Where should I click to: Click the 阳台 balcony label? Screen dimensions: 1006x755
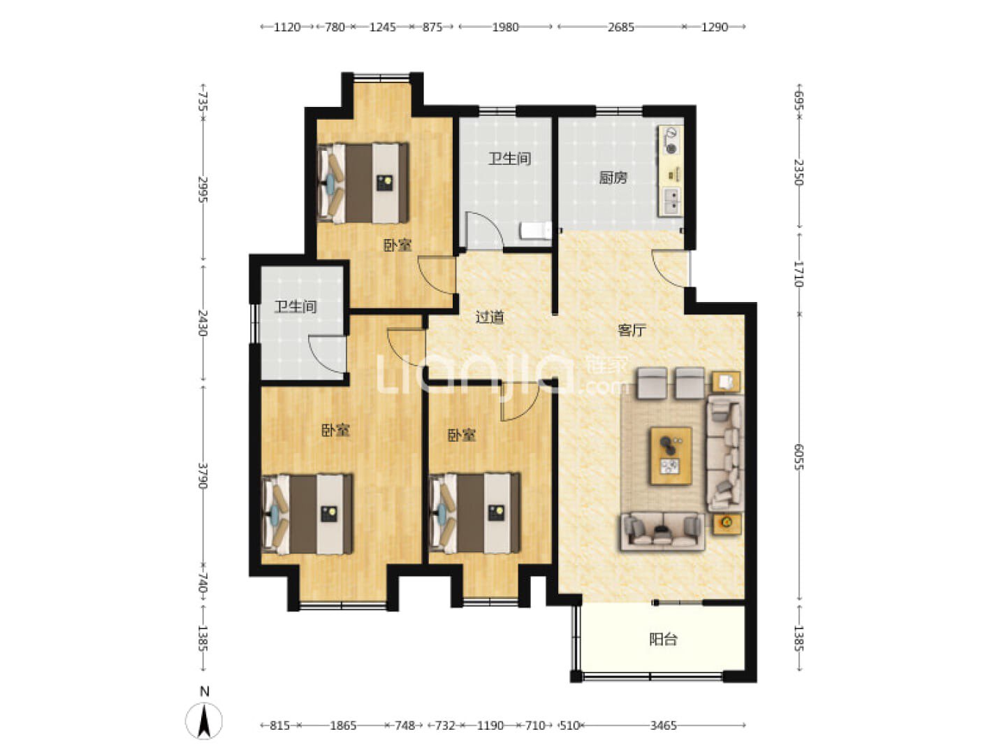coord(663,639)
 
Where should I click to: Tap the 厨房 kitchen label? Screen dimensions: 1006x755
coord(613,178)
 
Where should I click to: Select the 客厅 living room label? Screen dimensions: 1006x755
coord(632,329)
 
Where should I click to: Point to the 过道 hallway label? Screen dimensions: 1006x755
coord(490,317)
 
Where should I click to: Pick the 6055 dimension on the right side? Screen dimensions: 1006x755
coord(799,456)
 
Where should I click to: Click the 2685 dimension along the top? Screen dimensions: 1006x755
coord(620,27)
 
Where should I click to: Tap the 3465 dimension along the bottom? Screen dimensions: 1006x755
coord(663,725)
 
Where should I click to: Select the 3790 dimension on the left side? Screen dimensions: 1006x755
coord(203,475)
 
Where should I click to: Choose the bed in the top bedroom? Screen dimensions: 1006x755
coord(363,183)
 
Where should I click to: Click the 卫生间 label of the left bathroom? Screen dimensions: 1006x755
coord(295,306)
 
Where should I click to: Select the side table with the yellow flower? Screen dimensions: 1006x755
coord(727,523)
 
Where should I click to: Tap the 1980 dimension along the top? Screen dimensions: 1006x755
coord(505,27)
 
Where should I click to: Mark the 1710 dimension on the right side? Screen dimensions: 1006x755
coord(799,273)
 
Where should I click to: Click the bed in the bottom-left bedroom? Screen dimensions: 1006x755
coord(307,514)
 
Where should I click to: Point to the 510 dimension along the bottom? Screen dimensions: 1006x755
coord(569,725)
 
